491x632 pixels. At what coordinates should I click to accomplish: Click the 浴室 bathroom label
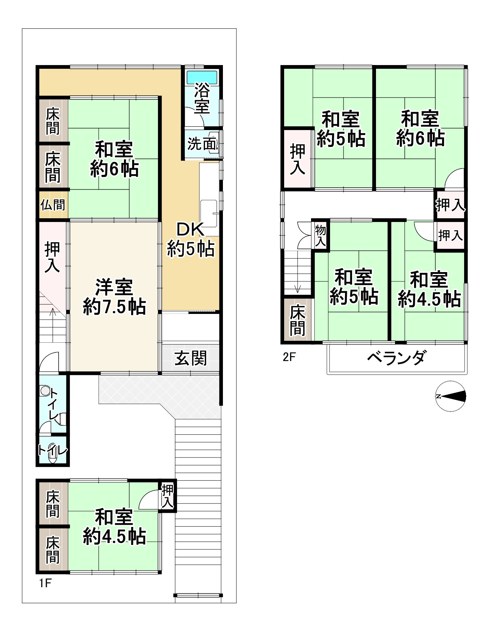point(202,99)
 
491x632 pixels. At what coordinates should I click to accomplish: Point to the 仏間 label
point(53,205)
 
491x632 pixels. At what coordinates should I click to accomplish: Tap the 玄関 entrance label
point(190,358)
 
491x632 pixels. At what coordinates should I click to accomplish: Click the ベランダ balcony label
point(396,358)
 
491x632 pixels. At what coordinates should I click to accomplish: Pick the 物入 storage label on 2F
point(320,235)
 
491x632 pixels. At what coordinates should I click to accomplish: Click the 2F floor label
point(289,357)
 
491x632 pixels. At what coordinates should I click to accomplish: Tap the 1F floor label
point(45,583)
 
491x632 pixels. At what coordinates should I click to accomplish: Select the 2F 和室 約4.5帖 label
point(429,290)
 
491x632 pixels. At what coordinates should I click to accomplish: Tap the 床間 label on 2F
point(298,320)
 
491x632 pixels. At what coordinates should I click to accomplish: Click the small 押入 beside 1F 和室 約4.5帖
point(168,496)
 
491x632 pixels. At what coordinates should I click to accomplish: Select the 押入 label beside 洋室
point(52,257)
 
